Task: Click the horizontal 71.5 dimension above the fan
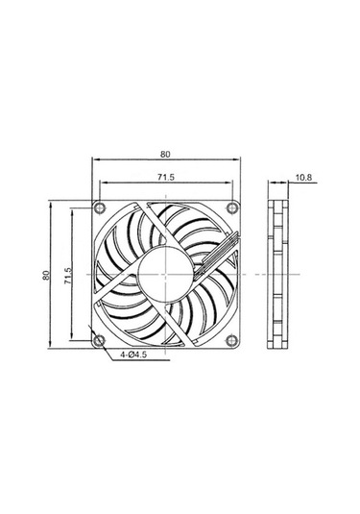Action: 165,177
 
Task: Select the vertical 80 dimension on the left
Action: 45,275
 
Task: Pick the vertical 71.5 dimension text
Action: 67,275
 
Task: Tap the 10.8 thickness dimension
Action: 304,177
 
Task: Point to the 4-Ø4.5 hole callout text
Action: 135,355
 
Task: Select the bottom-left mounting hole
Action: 101,340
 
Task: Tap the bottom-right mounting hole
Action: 229,340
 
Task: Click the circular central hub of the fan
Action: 165,275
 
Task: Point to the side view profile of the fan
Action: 277,275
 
